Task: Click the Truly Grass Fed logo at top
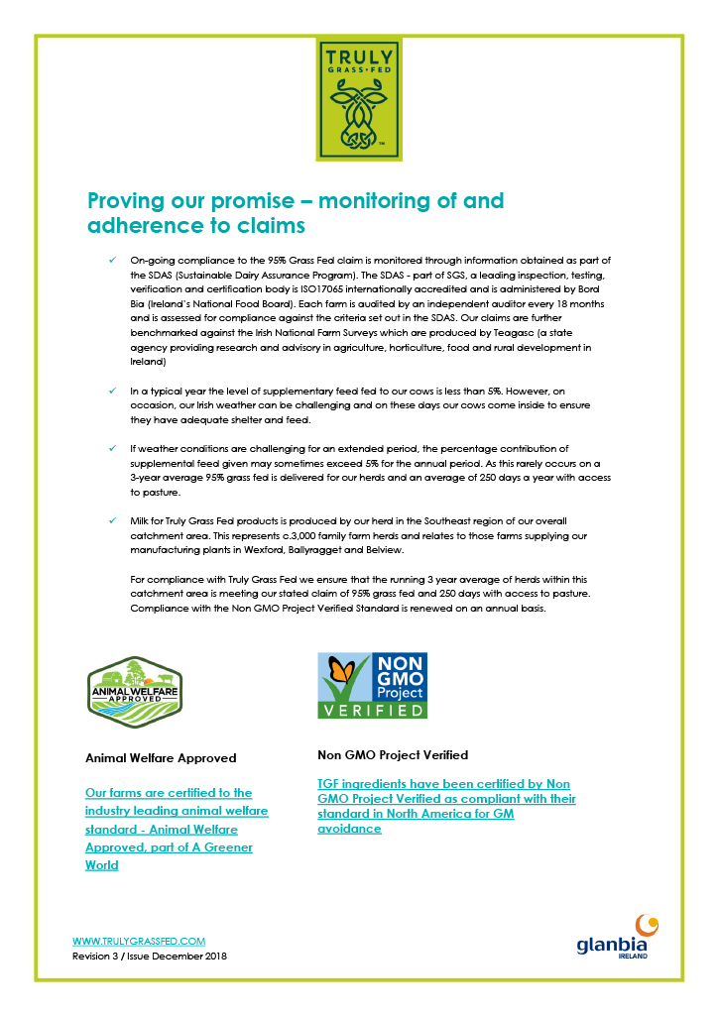[x=358, y=98]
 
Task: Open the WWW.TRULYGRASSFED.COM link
[x=139, y=941]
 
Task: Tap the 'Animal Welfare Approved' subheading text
[x=162, y=758]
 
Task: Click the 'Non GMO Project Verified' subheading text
[x=393, y=755]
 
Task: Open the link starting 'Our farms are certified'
[x=170, y=829]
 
